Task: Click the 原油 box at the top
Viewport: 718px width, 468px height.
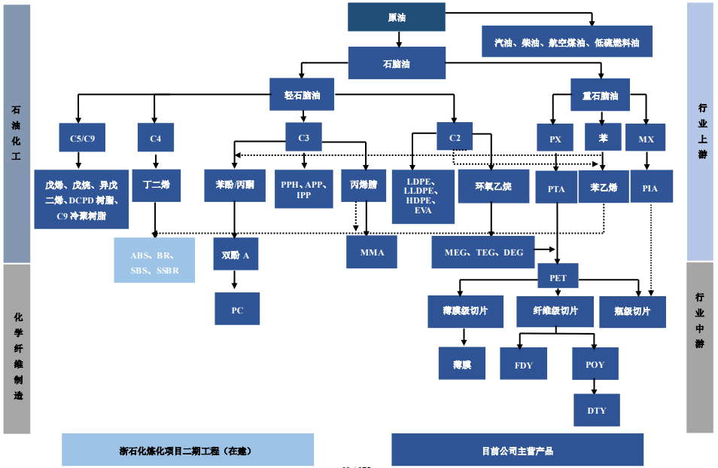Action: click(x=396, y=17)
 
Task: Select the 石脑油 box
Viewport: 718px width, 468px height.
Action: click(x=396, y=63)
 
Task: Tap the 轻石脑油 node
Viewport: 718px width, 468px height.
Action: click(x=303, y=96)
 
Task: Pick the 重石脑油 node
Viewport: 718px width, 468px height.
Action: click(x=600, y=96)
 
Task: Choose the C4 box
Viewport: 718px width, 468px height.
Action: click(x=156, y=138)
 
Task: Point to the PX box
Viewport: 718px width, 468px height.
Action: click(x=555, y=139)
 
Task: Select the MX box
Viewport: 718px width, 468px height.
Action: click(x=647, y=139)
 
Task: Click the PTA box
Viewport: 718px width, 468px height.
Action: click(x=555, y=188)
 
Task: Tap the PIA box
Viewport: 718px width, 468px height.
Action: click(x=650, y=188)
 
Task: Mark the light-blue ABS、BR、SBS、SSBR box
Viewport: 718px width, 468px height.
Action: click(x=154, y=260)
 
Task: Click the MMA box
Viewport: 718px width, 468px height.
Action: click(x=371, y=252)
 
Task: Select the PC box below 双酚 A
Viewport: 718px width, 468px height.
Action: click(x=237, y=309)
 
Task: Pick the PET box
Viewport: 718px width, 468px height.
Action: click(x=558, y=277)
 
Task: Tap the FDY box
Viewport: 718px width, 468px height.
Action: click(x=523, y=364)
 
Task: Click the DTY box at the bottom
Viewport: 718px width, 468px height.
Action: click(x=596, y=411)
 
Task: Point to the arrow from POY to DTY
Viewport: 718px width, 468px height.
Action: click(x=595, y=387)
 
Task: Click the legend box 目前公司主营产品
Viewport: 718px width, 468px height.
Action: click(x=517, y=451)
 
